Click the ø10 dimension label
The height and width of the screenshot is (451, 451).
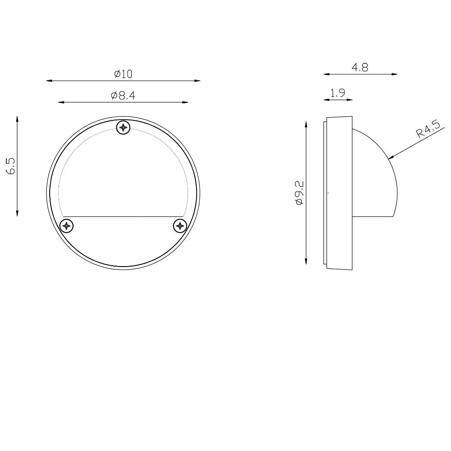tap(123, 74)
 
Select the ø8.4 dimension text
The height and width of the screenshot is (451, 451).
tap(123, 96)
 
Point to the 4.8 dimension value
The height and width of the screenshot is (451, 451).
tap(360, 68)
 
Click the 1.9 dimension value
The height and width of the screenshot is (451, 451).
tap(338, 93)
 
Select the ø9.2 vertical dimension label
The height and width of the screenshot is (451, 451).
tap(299, 193)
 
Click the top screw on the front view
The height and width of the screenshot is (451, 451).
tap(124, 128)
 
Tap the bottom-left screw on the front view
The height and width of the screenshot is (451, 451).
tap(67, 225)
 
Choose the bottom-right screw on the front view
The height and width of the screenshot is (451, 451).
tap(180, 225)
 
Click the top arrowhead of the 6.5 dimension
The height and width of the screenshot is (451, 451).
tap(17, 119)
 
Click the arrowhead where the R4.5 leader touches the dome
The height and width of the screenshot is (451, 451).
tap(391, 157)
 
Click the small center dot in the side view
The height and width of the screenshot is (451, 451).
tap(328, 193)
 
